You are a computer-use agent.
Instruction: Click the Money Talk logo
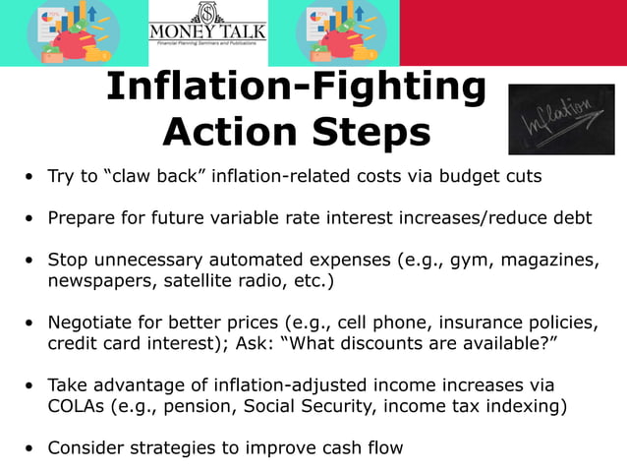(207, 31)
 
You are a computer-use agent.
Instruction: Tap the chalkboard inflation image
(561, 119)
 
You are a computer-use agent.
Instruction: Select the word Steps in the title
(377, 132)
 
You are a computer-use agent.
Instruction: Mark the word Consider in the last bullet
(84, 447)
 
